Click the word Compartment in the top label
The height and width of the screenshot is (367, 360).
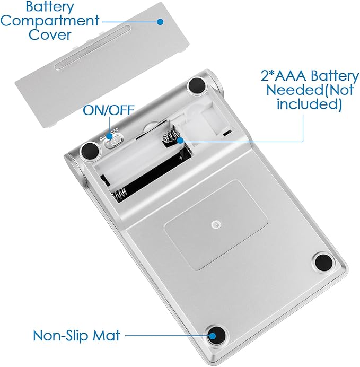tap(50, 21)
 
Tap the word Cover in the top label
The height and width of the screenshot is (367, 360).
tap(50, 34)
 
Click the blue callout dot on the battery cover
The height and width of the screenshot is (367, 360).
tap(160, 22)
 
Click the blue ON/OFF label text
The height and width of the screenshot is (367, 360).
tap(109, 110)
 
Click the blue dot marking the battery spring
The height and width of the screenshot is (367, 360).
tap(180, 141)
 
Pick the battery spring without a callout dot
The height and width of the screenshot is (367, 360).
tap(120, 194)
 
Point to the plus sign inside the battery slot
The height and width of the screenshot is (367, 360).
tap(181, 158)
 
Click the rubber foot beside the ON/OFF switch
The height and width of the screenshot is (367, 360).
tap(90, 150)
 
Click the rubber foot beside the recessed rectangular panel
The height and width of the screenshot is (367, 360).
tap(324, 262)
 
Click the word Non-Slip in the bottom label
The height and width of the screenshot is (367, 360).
tap(62, 335)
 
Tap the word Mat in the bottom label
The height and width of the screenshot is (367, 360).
tap(106, 335)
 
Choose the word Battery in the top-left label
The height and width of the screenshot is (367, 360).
tap(50, 7)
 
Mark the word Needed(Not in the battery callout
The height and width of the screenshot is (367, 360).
tap(310, 90)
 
